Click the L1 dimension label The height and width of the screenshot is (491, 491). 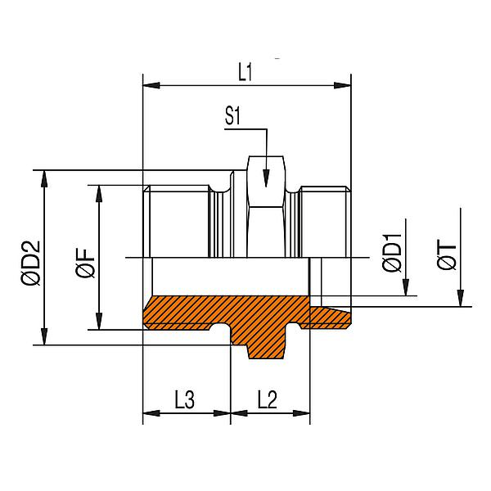click(245, 73)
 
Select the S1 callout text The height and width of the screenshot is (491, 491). click(232, 117)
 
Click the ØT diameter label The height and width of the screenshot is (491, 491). click(447, 255)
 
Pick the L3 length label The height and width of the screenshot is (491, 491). click(185, 400)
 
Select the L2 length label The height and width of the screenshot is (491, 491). click(268, 400)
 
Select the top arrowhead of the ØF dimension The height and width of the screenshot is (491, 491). click(98, 191)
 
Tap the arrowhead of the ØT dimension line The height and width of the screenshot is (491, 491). click(461, 300)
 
